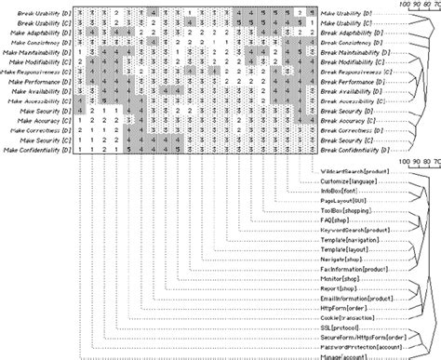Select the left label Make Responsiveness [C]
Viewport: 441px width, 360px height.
point(35,71)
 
